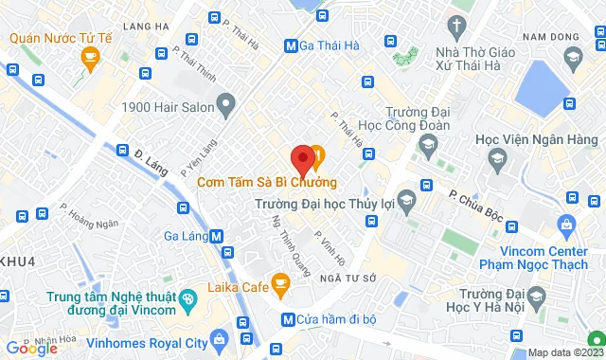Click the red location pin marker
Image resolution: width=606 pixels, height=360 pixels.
click(x=302, y=159)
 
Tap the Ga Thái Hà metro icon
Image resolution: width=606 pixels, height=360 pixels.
click(x=290, y=45)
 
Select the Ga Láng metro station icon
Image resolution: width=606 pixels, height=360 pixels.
click(x=218, y=237)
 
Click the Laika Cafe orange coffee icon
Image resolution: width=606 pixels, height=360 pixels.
click(x=280, y=281)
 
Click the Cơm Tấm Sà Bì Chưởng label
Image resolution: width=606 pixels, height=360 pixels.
click(x=267, y=182)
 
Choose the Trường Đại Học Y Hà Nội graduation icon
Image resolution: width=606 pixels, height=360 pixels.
click(x=537, y=297)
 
